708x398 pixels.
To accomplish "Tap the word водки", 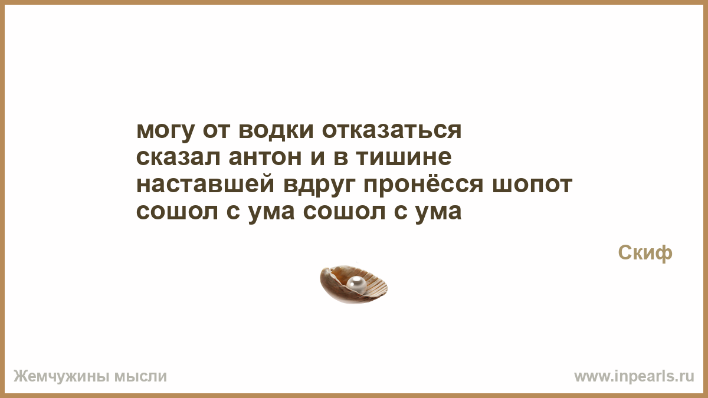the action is tap(276, 130).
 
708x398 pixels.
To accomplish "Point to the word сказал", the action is tap(178, 157).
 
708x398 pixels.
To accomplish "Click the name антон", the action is tap(265, 157).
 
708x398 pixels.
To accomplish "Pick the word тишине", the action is tap(404, 157).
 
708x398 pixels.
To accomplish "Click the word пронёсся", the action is tap(424, 184).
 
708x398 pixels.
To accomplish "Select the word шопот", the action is tap(533, 185).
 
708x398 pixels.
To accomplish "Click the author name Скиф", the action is tap(645, 253).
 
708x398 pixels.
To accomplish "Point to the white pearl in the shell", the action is tap(356, 283).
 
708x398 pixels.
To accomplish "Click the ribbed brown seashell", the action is tap(353, 285).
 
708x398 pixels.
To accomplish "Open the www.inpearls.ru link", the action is tap(634, 377).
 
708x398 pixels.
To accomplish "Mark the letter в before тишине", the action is tap(341, 157).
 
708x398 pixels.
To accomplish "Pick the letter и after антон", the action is tap(317, 157).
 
